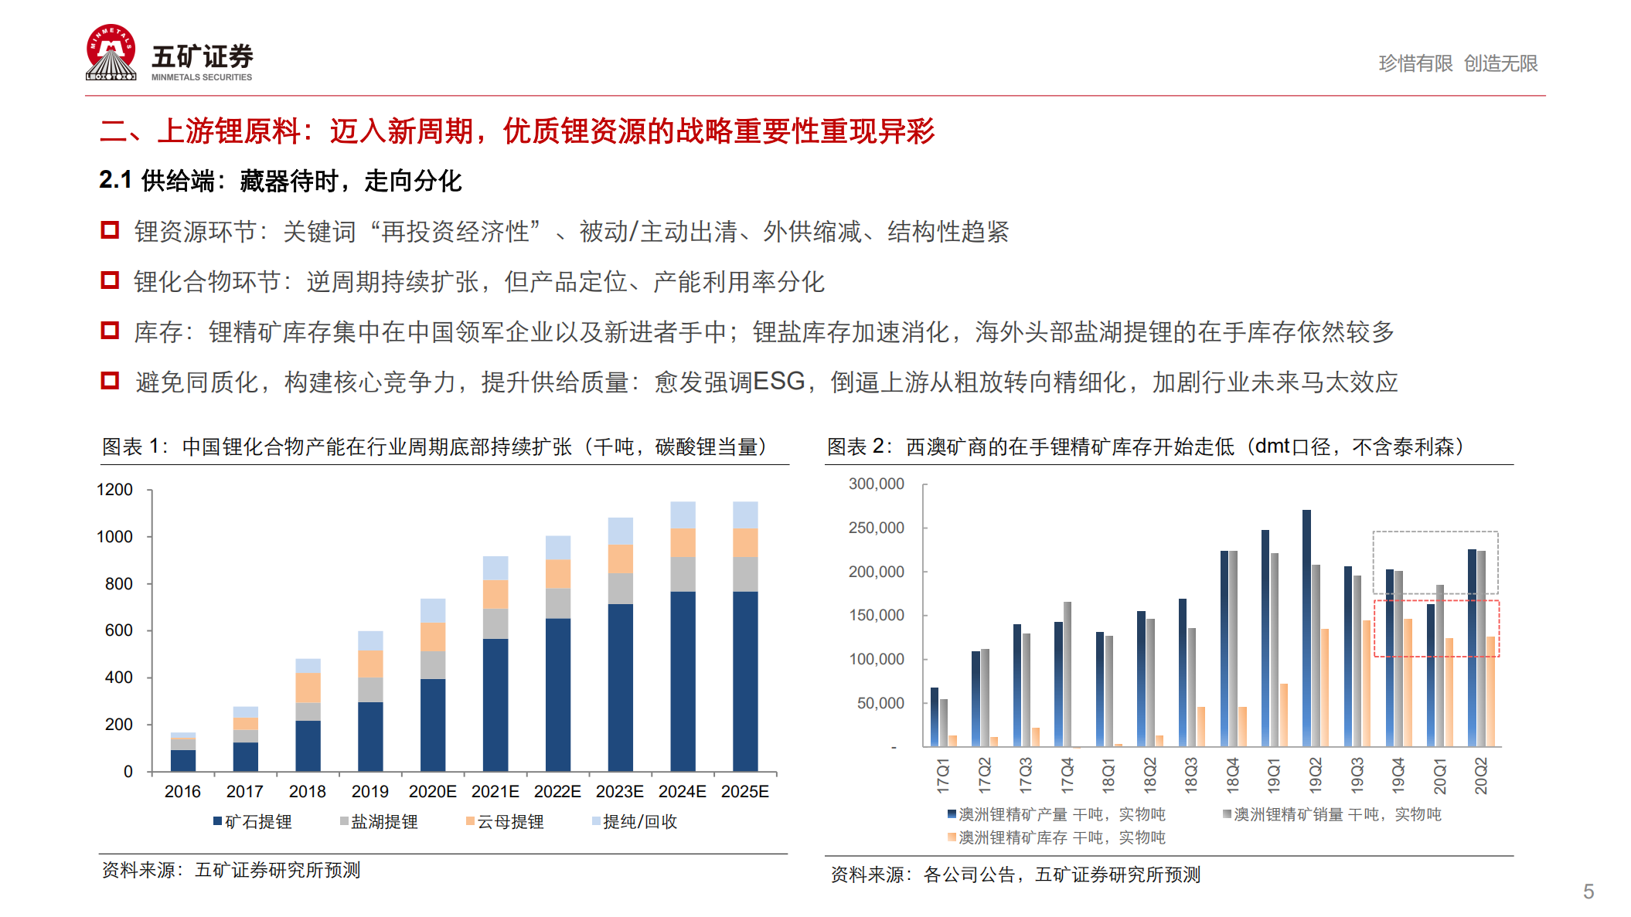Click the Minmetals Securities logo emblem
[x=111, y=53]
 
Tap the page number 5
[x=1588, y=892]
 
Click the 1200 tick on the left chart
[x=114, y=490]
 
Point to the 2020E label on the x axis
[x=432, y=792]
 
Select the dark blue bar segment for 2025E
[x=745, y=680]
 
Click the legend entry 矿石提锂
[x=253, y=822]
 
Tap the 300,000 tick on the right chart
[x=876, y=484]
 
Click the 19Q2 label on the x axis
[x=1315, y=775]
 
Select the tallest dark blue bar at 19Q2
[x=1306, y=626]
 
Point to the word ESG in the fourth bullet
[x=778, y=382]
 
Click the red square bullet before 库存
[x=110, y=331]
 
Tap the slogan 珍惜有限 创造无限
[x=1458, y=63]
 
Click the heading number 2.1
[x=115, y=180]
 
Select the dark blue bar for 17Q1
[x=935, y=717]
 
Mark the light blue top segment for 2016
[x=183, y=735]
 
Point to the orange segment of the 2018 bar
[x=308, y=688]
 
